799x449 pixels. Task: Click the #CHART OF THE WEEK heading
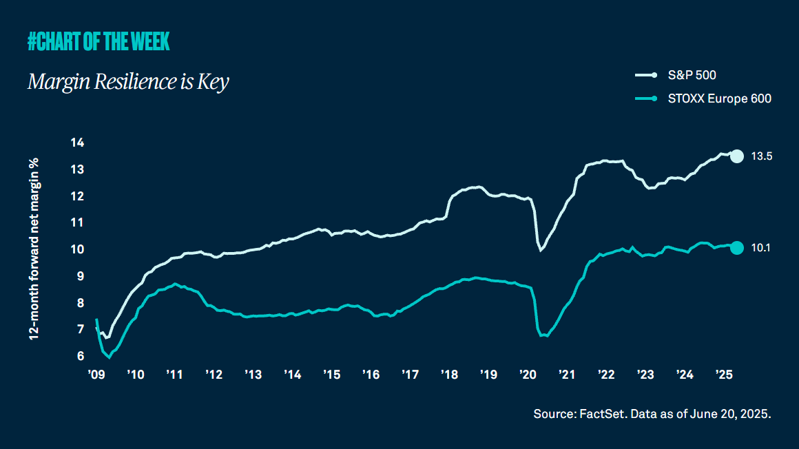(98, 42)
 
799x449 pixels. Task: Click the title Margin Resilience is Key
(128, 82)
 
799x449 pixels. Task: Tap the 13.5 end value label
(761, 156)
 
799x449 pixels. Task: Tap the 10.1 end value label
(760, 248)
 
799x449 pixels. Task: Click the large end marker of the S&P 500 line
(736, 156)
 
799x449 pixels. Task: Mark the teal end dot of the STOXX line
(736, 248)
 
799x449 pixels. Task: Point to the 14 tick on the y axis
(77, 143)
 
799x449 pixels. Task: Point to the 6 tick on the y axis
(79, 356)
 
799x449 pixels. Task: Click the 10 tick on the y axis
(77, 249)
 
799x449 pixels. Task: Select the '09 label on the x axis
(96, 375)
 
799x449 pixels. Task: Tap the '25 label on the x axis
(723, 375)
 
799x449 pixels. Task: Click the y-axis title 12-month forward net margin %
(33, 249)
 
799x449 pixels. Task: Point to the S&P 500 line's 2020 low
(541, 250)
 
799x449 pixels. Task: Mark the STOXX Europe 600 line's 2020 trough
(543, 335)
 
